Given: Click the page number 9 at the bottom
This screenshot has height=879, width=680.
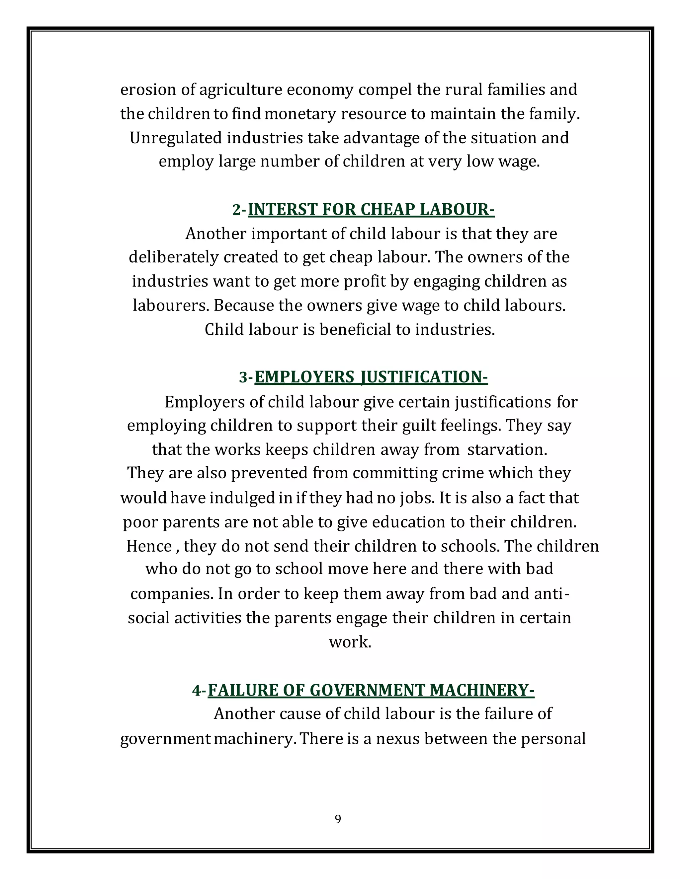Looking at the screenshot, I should coord(338,819).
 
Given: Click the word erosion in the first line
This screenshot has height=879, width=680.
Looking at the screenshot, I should coord(148,89).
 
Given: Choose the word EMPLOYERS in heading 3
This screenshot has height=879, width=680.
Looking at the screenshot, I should coord(304,377).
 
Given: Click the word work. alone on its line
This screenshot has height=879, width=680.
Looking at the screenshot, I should coord(350,642).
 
